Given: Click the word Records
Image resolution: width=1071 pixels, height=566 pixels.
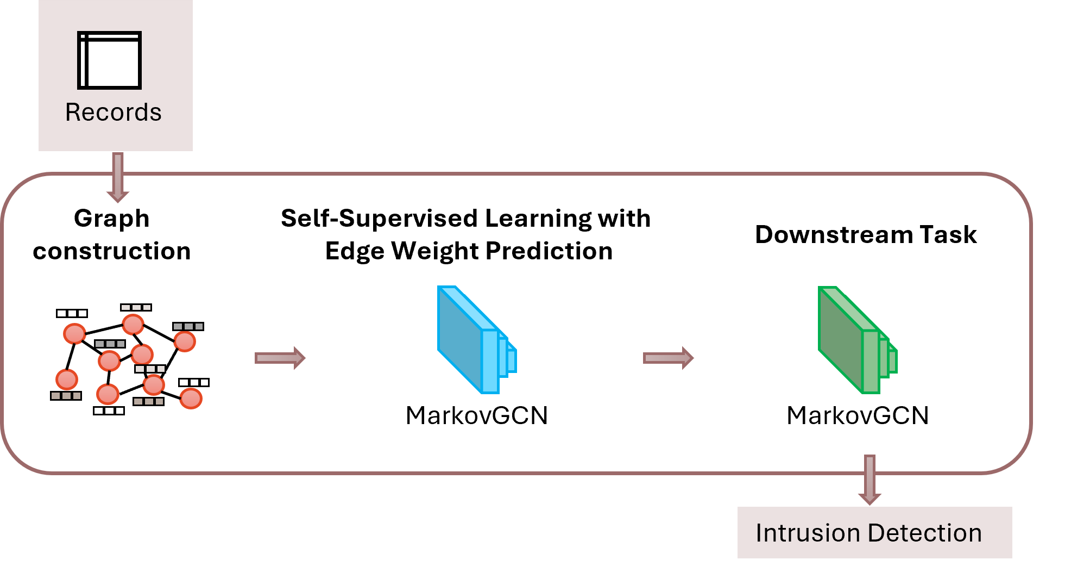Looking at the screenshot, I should (113, 113).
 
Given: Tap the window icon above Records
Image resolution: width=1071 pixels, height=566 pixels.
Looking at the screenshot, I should (110, 60).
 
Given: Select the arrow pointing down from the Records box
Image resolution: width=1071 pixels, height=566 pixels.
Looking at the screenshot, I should (117, 177).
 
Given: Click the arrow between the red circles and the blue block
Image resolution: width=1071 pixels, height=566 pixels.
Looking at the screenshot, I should (280, 358).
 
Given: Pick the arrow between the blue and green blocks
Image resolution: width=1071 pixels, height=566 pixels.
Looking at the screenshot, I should (669, 358).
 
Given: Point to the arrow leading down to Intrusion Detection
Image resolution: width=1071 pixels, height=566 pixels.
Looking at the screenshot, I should (870, 480).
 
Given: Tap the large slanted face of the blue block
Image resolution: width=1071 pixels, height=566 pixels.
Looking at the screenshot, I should (459, 337).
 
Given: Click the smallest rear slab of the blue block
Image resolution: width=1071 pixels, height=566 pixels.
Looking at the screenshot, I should (512, 360).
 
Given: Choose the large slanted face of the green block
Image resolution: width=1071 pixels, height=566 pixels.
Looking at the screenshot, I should (840, 337).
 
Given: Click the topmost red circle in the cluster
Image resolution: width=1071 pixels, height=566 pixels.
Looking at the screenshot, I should (133, 325).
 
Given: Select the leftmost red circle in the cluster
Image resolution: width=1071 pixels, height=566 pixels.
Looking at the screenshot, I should (67, 380).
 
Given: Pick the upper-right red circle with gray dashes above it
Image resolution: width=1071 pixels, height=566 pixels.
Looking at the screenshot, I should (185, 341).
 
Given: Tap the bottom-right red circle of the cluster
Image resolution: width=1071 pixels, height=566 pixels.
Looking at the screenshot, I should (191, 399).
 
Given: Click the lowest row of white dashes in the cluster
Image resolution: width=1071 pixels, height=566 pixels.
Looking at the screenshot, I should (109, 411).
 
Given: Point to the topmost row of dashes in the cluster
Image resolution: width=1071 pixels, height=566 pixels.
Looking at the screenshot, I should (136, 308).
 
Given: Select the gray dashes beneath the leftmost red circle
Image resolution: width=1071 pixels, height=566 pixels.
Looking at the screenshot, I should (66, 396).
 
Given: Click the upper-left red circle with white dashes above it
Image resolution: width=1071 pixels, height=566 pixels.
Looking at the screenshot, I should (74, 333).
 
